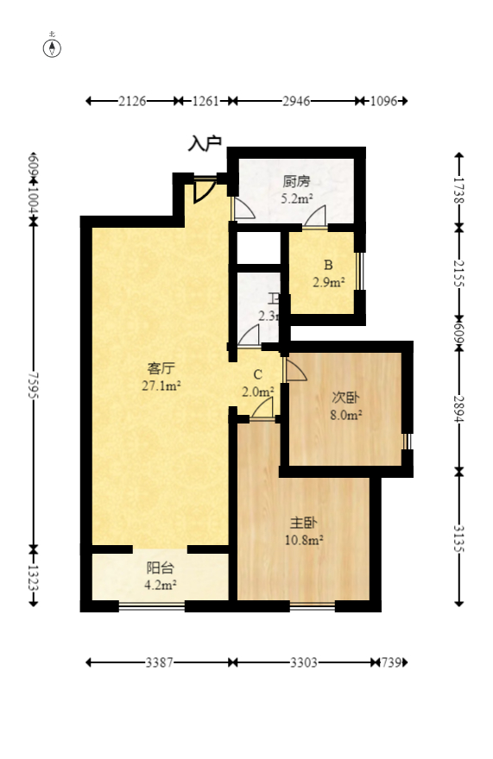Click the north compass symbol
click(53, 47)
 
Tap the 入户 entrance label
click(205, 143)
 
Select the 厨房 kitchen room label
click(296, 182)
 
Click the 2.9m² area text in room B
click(328, 282)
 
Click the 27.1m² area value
click(161, 386)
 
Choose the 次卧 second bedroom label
click(346, 398)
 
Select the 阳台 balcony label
click(161, 568)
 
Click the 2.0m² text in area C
click(257, 391)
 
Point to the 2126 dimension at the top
click(132, 101)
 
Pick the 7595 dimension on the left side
click(33, 386)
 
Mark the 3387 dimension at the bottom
click(159, 662)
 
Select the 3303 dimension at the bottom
click(303, 662)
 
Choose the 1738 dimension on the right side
click(458, 189)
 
